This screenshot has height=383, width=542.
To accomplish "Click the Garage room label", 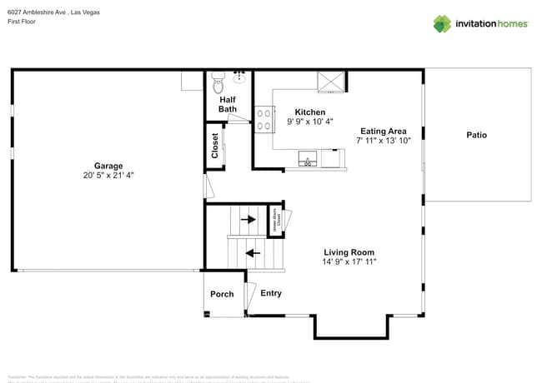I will [108, 165].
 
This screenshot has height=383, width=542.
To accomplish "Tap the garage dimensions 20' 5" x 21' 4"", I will [108, 176].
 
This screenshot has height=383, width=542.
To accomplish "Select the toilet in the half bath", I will [218, 82].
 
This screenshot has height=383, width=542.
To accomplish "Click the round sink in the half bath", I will [240, 77].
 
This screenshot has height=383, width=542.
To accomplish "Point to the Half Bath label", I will [228, 104].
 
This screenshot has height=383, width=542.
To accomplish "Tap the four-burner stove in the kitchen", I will [264, 120].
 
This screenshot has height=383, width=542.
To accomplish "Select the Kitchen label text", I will [310, 112].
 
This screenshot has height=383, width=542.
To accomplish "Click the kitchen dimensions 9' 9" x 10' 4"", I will [310, 122].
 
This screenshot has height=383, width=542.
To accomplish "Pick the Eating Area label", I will [383, 131].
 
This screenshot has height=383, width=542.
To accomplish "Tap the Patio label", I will [476, 135].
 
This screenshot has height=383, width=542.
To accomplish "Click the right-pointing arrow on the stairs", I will [248, 220].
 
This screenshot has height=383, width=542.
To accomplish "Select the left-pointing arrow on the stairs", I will [252, 252].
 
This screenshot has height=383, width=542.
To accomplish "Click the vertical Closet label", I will [215, 146].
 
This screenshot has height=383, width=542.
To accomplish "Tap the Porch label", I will [222, 294].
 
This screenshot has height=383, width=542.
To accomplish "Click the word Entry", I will [271, 293].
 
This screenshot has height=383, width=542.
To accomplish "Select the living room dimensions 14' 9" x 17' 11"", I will [349, 262].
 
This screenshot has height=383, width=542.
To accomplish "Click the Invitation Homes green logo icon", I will [441, 23].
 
